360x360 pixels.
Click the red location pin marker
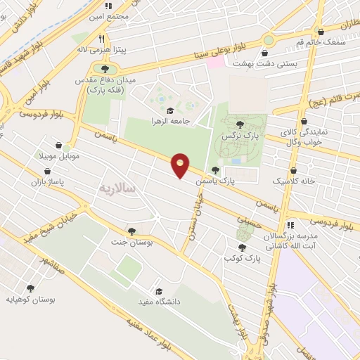(181, 165)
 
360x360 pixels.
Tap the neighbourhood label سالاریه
(120, 188)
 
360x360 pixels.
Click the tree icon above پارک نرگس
(239, 124)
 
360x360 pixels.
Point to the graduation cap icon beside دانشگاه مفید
(159, 291)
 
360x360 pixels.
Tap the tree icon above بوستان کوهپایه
(30, 287)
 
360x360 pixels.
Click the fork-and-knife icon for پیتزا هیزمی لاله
(102, 39)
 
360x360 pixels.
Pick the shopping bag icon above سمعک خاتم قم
(321, 32)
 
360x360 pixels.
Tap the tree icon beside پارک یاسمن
(215, 169)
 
